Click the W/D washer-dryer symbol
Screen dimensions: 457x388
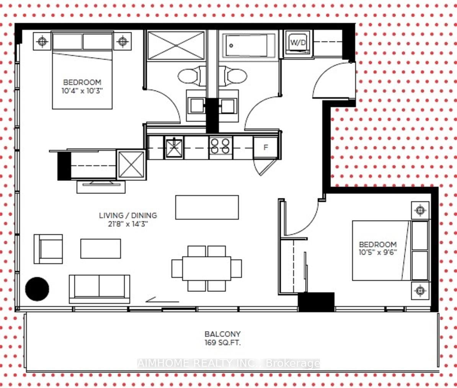[x=298, y=42]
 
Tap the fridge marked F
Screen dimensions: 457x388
[x=266, y=148]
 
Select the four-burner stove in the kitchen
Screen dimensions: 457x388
[x=220, y=146]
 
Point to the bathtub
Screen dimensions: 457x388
[x=249, y=46]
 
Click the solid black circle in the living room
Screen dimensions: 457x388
[x=37, y=289]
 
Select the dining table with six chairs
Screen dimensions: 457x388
[x=207, y=269]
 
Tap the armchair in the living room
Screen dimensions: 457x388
[x=48, y=249]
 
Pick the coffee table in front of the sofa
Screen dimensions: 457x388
[x=101, y=248]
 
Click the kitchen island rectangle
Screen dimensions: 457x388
[x=207, y=207]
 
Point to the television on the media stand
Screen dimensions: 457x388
[x=101, y=184]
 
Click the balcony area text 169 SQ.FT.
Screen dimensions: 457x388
[x=223, y=342]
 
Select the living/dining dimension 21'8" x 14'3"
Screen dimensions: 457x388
[x=128, y=224]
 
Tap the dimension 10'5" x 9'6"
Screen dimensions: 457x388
[x=378, y=252]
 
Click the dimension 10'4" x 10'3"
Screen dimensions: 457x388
[x=82, y=91]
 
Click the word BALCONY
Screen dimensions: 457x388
[x=223, y=334]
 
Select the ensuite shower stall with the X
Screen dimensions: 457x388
[x=176, y=46]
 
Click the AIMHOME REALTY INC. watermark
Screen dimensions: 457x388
[x=229, y=363]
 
